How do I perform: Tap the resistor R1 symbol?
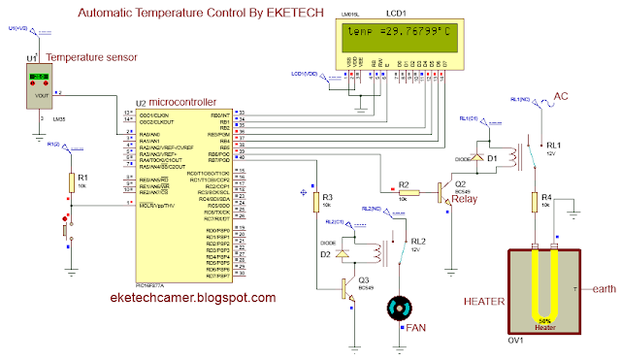[71, 183]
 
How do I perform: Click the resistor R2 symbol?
[409, 191]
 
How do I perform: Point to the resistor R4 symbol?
[533, 202]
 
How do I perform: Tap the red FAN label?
[416, 330]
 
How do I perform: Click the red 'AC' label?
[560, 96]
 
